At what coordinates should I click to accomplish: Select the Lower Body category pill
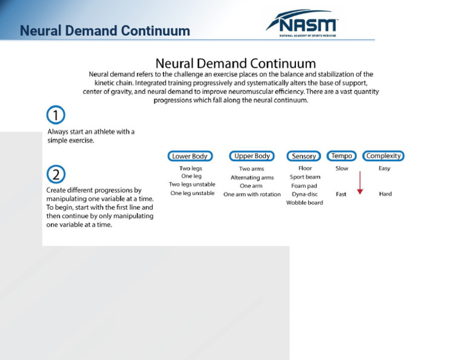coord(190,156)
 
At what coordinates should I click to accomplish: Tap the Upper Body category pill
coord(252,156)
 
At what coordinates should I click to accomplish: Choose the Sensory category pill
coord(304,156)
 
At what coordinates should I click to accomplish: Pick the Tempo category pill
coord(341,156)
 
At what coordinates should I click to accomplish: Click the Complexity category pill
coord(383,156)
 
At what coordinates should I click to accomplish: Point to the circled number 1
coord(56,115)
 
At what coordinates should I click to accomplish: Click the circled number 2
coord(56,175)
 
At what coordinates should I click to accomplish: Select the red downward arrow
coord(360,182)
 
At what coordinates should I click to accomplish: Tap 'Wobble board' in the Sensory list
coord(305,203)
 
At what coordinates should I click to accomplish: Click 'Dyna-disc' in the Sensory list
coord(305,195)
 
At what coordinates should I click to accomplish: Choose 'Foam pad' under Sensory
coord(304,186)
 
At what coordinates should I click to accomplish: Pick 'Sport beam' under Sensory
coord(305,177)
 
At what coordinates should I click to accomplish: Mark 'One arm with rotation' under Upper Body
coord(252,195)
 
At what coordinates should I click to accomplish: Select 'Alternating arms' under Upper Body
coord(252,178)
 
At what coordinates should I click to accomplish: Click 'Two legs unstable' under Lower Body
coord(192,184)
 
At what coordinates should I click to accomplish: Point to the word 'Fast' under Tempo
coord(341,195)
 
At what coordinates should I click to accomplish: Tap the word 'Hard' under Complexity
coord(385,195)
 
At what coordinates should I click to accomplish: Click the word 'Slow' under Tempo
coord(342,168)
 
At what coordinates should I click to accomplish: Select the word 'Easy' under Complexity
coord(384,168)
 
